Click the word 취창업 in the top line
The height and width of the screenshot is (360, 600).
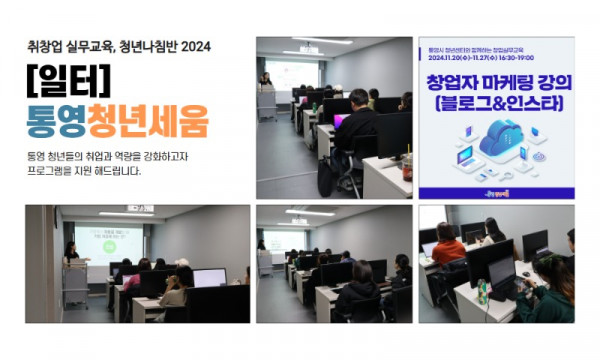pyautogui.click(x=48, y=45)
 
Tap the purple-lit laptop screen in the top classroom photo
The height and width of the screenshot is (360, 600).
pyautogui.click(x=342, y=121)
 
